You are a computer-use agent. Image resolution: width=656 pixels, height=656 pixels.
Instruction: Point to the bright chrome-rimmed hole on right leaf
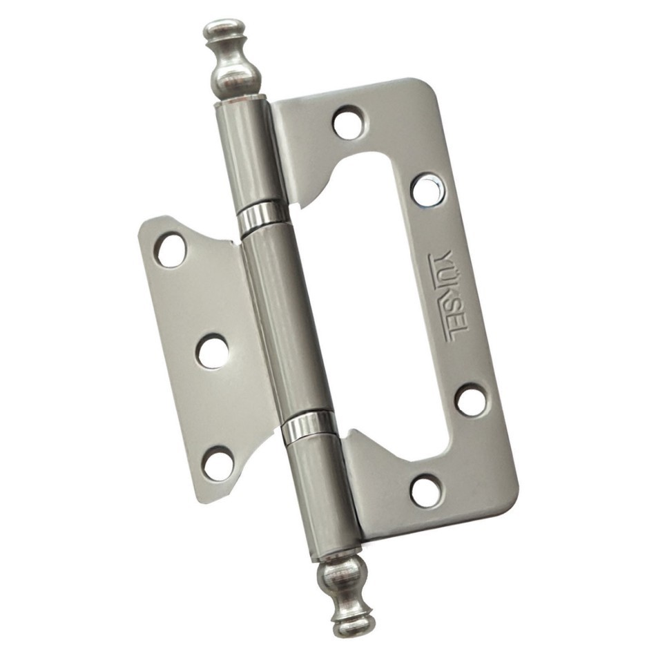tap(428, 189)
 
